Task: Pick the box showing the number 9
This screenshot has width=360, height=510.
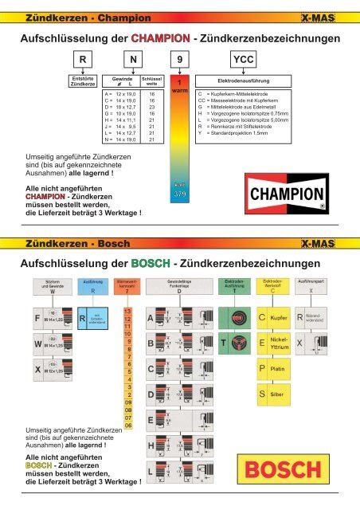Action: pyautogui.click(x=182, y=59)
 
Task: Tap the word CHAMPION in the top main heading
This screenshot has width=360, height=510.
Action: pyautogui.click(x=160, y=37)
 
